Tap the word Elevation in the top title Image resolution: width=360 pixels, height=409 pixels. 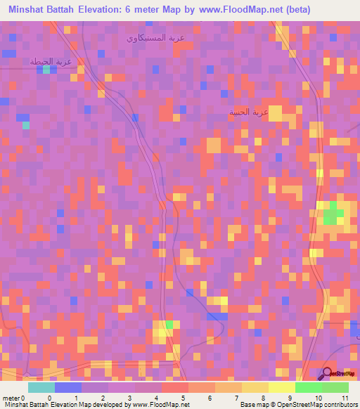coord(110,10)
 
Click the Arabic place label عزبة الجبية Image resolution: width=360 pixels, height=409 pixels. coord(249,112)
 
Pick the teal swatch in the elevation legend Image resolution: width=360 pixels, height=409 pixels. coord(41,387)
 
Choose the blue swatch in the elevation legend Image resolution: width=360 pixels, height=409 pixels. coord(68,387)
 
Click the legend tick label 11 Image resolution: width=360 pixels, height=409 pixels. coord(345,397)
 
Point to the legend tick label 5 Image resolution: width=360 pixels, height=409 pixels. coord(184,397)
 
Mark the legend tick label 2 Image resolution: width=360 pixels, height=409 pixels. coord(103,397)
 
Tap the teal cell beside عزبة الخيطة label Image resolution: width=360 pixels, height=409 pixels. coord(46,70)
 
